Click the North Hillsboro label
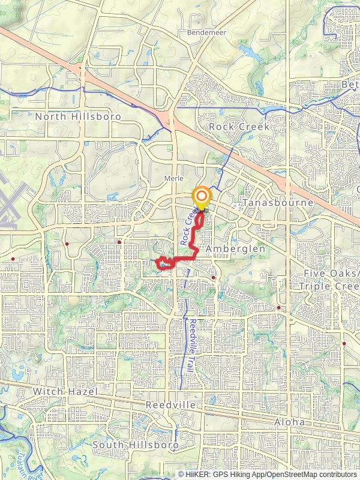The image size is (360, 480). pyautogui.click(x=78, y=116)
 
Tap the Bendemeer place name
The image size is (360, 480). pyautogui.click(x=207, y=32)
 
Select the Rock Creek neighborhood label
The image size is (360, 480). pyautogui.click(x=239, y=127)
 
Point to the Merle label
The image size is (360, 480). pyautogui.click(x=173, y=178)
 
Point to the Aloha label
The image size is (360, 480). pyautogui.click(x=290, y=422)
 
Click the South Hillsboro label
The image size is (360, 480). pyautogui.click(x=136, y=445)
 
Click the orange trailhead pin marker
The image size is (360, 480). pyautogui.click(x=202, y=199)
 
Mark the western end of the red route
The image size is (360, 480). pyautogui.click(x=157, y=262)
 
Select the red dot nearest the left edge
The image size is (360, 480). pyautogui.click(x=13, y=259)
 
